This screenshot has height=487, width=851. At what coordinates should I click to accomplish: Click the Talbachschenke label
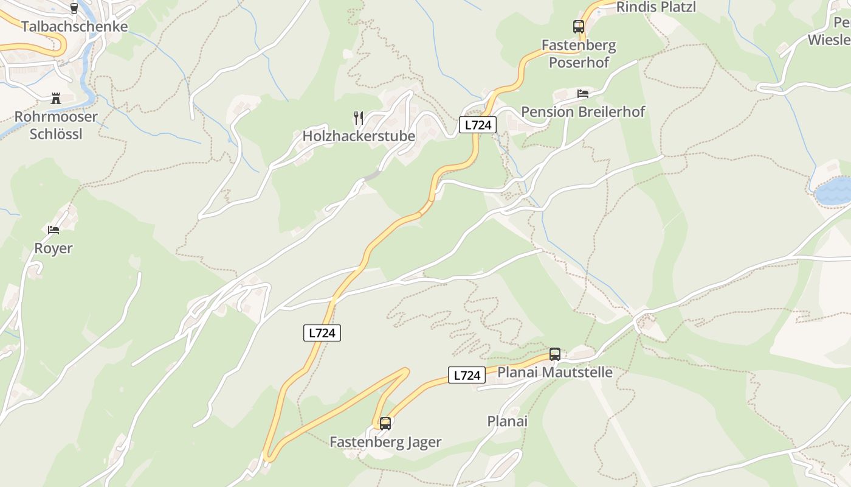(75, 27)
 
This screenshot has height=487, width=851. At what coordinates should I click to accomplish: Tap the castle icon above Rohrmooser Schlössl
(56, 99)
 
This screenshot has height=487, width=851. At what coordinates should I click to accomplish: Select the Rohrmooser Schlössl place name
(56, 125)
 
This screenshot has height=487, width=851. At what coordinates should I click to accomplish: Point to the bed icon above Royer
(53, 230)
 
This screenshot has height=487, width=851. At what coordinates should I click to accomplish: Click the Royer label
(53, 248)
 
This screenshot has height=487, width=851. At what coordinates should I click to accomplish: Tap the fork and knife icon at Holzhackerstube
(359, 118)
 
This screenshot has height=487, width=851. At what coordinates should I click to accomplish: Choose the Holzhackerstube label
(359, 136)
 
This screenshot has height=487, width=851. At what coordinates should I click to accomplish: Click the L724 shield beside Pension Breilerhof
(477, 125)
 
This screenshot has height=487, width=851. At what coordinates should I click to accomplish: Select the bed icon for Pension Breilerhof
(583, 94)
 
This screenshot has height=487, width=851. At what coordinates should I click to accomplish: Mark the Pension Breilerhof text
(583, 112)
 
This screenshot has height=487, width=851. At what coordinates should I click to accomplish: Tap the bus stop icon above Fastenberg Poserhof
(578, 27)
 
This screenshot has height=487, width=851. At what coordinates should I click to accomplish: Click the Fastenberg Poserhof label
(579, 54)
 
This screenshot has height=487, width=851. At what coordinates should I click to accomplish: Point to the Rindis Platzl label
(656, 7)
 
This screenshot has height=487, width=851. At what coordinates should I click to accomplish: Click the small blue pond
(833, 192)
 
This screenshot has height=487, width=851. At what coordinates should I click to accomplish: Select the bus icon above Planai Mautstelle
(554, 354)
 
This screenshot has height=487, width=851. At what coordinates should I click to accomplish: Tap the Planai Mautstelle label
(555, 372)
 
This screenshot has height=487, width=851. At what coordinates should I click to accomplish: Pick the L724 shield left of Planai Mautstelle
(467, 376)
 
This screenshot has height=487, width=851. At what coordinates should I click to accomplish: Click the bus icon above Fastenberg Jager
(385, 424)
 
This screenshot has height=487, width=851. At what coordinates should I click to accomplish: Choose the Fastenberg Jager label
(385, 442)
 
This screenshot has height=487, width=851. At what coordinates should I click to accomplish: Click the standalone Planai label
(508, 421)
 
